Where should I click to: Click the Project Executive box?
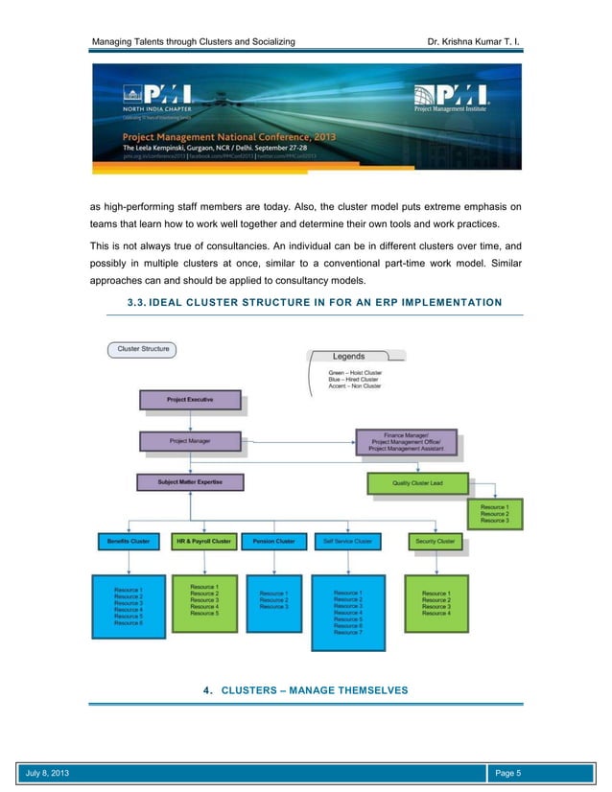pos(190,399)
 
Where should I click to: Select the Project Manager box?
pos(190,441)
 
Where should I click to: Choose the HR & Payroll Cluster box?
pos(203,542)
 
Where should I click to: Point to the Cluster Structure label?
pos(143,349)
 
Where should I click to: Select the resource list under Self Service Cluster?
pos(348,613)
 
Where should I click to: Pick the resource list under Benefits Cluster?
pos(129,607)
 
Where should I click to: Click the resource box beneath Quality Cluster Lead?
pos(494,513)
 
